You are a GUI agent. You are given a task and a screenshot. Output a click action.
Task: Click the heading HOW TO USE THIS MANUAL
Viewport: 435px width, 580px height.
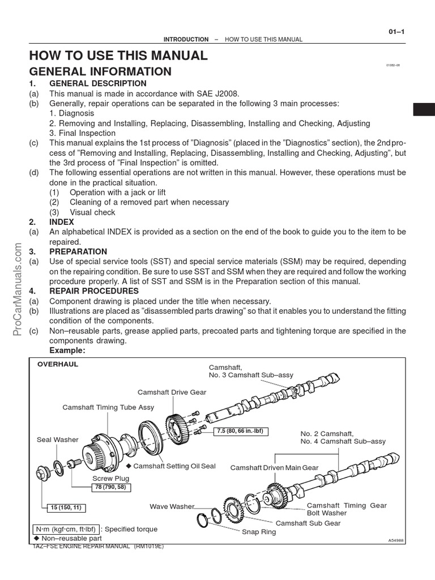[x=118, y=56]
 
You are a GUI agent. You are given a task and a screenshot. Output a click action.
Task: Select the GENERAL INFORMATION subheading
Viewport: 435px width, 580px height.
[x=100, y=72]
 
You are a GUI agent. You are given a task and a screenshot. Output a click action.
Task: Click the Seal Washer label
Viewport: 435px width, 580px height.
[x=57, y=440]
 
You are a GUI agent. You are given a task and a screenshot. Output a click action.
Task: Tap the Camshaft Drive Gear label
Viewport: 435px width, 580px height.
[x=172, y=392]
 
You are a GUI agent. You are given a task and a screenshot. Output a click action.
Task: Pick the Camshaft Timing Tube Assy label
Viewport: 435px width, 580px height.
[x=108, y=407]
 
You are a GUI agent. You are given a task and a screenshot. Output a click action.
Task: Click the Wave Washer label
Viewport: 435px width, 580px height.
[x=172, y=506]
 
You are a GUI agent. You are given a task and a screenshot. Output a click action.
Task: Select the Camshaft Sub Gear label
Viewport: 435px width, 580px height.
[x=308, y=523]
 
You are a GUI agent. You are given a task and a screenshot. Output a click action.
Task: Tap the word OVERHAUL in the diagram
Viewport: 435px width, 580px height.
[x=58, y=365]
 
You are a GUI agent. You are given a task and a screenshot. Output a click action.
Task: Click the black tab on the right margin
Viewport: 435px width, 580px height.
[x=424, y=109]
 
